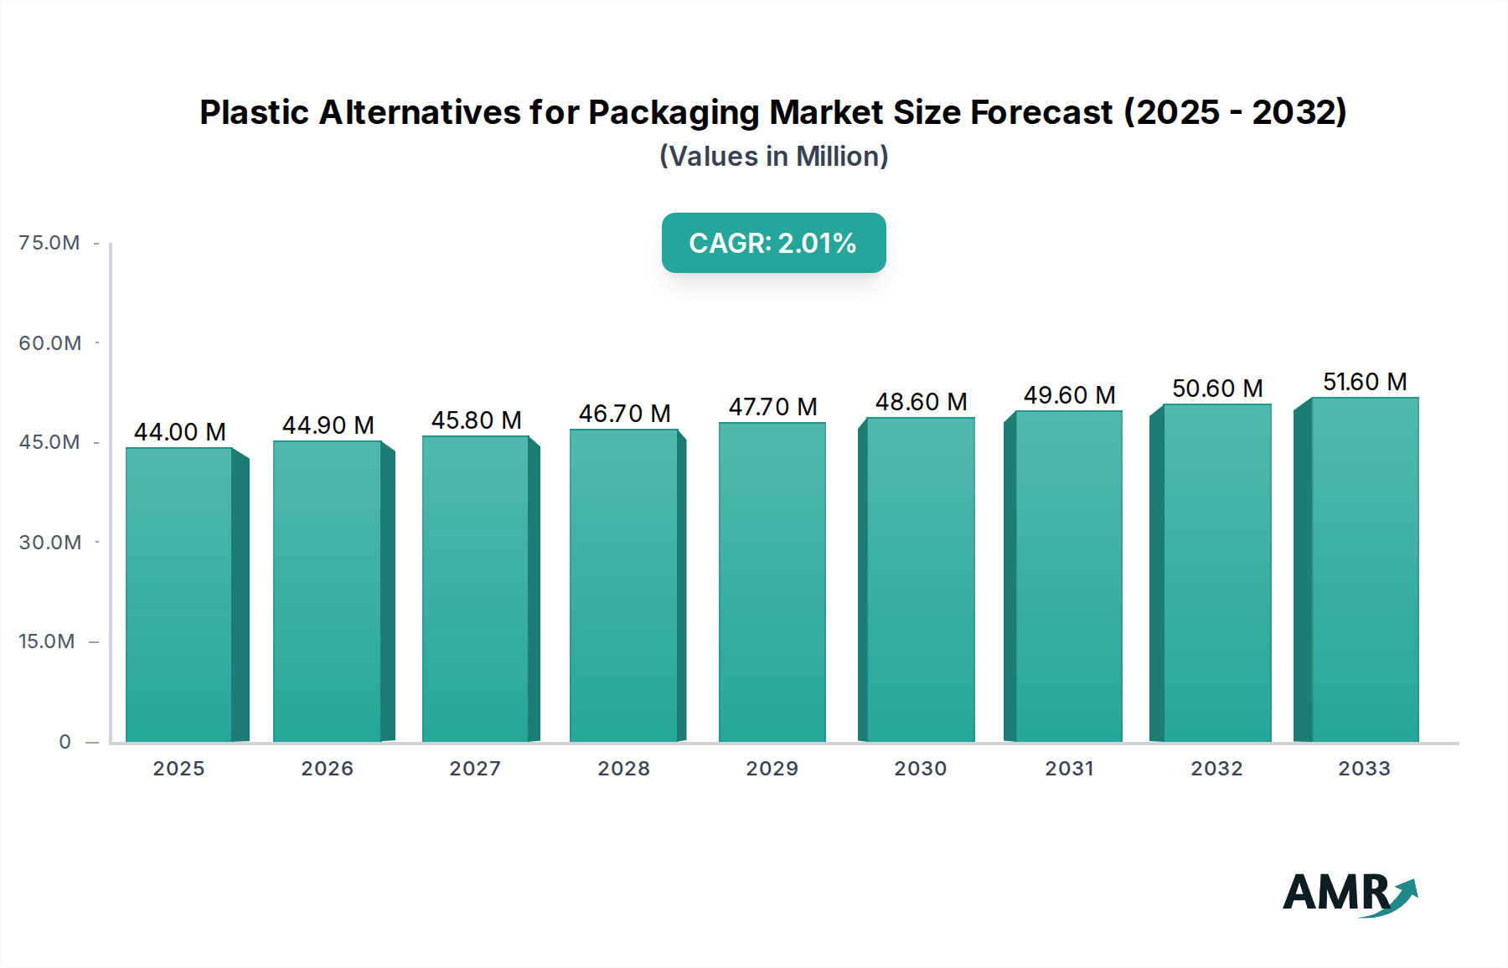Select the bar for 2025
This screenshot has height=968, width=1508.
178,595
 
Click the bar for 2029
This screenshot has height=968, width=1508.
772,582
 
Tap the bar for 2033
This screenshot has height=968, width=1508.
1365,569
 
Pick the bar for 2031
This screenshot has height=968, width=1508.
1069,576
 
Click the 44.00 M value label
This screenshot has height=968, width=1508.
180,432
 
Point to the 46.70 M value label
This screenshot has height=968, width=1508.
625,414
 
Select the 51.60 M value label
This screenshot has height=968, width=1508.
1365,382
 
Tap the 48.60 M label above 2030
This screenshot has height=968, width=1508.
921,402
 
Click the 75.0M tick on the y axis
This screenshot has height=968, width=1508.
49,243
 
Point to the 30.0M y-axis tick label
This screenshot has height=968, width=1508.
50,543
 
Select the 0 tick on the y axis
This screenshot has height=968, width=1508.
65,742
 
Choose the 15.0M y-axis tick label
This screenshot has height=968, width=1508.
47,641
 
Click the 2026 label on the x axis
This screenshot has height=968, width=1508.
327,769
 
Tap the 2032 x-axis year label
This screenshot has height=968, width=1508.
1216,769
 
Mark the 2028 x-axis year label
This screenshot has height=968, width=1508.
623,769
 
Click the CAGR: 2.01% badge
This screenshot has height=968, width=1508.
773,243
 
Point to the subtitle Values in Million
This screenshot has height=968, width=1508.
773,157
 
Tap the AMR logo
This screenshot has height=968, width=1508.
1350,893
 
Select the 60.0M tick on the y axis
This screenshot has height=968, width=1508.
50,343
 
